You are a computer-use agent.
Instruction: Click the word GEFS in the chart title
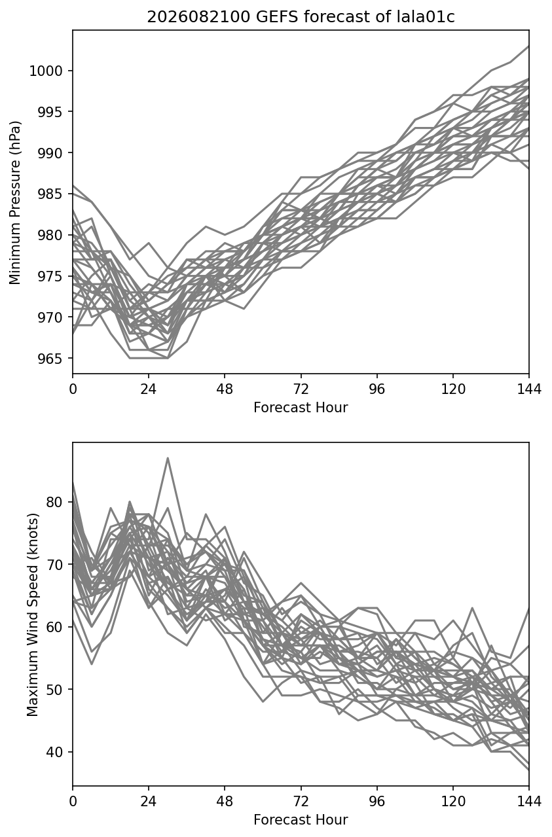[277, 17]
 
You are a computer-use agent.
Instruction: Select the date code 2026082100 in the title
[198, 17]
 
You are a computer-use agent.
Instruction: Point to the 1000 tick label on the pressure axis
[46, 71]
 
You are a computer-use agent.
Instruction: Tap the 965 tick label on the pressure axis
[50, 359]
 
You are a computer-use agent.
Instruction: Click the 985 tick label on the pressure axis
[50, 194]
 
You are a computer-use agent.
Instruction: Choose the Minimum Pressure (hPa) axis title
[15, 202]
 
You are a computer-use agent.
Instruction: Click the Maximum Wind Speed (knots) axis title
[33, 614]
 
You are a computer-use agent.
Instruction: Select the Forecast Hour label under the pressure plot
[301, 407]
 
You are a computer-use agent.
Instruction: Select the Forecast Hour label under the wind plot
[301, 820]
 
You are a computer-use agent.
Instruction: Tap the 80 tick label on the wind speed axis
[54, 502]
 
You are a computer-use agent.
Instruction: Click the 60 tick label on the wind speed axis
[54, 627]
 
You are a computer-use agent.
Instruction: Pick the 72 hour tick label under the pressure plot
[301, 389]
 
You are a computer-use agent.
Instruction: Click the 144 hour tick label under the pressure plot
[529, 389]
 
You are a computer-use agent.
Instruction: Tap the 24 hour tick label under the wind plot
[149, 802]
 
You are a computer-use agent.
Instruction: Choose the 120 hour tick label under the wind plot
[453, 802]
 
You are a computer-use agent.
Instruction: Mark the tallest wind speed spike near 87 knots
[168, 458]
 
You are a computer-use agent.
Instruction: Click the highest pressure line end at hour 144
[528, 46]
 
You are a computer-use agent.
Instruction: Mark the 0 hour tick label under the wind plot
[73, 802]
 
